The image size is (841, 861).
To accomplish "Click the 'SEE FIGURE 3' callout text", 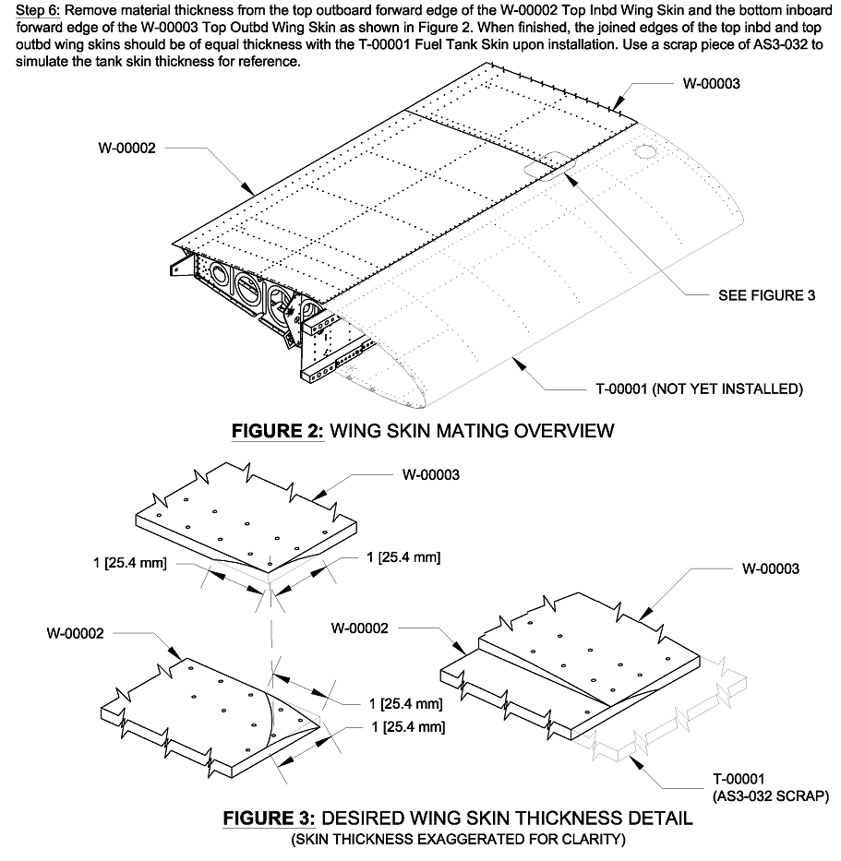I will coord(766,296).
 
